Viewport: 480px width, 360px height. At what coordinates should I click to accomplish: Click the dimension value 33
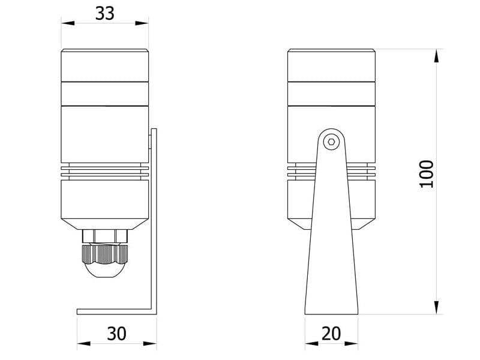click(105, 13)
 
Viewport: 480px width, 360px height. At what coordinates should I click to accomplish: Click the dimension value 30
click(116, 334)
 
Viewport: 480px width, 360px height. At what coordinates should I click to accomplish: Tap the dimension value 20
click(331, 334)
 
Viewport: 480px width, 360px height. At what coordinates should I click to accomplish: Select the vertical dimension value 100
click(426, 174)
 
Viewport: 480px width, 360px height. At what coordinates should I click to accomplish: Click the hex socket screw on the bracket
click(331, 142)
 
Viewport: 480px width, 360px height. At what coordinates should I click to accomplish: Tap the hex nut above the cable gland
click(105, 235)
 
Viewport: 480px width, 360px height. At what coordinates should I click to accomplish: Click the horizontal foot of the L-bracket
click(114, 311)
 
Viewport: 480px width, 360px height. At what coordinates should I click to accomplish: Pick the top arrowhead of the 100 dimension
click(436, 56)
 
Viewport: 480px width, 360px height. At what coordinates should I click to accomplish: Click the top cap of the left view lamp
click(105, 65)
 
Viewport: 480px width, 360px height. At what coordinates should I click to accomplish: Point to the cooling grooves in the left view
click(105, 171)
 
